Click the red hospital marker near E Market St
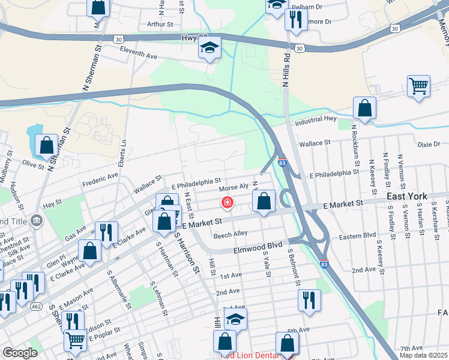[228, 202]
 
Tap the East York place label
[407, 196]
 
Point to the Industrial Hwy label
[317, 122]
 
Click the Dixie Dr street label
[429, 145]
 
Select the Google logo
[20, 352]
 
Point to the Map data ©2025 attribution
[423, 355]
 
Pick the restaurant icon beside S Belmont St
[309, 300]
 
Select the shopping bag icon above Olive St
[46, 145]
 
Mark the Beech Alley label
[231, 233]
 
